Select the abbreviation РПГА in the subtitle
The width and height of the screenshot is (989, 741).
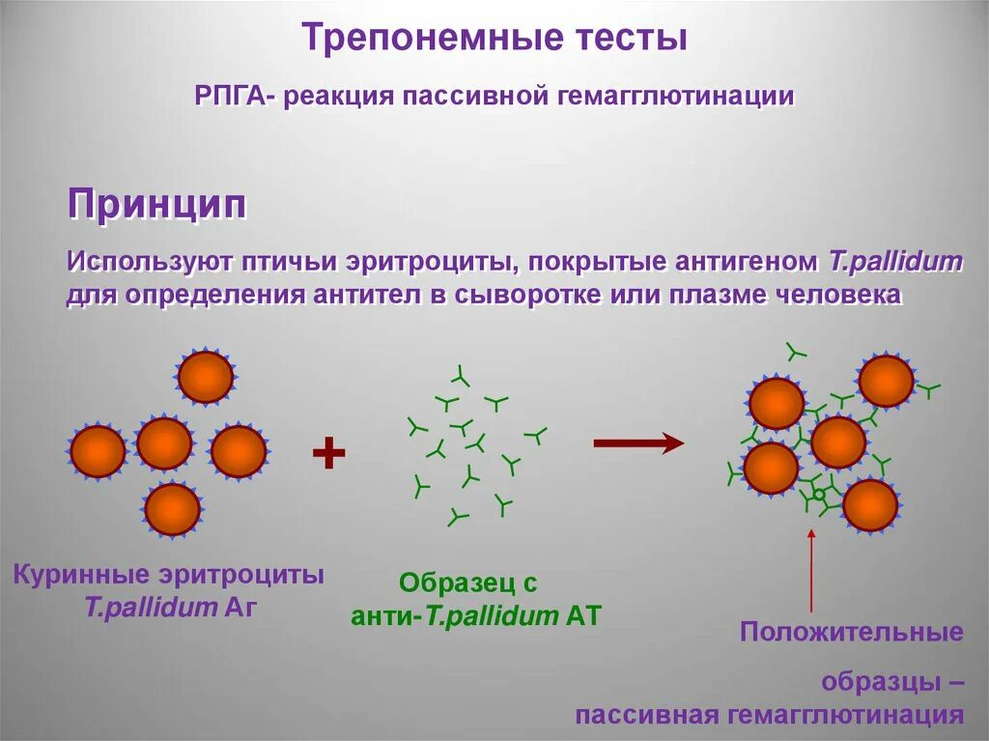point(234,97)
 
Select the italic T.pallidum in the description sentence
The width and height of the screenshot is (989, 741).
point(895,262)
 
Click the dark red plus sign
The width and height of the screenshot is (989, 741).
point(329,452)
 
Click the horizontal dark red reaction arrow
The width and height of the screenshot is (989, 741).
point(638,443)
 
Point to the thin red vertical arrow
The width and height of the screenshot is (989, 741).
point(811,574)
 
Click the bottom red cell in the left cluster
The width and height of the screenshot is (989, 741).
point(173,509)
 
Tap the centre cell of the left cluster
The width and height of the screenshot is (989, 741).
point(164,443)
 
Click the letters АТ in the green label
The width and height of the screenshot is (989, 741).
point(582,616)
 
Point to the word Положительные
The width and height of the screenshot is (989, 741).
point(851,633)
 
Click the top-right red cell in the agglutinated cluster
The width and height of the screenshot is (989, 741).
point(886,381)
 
